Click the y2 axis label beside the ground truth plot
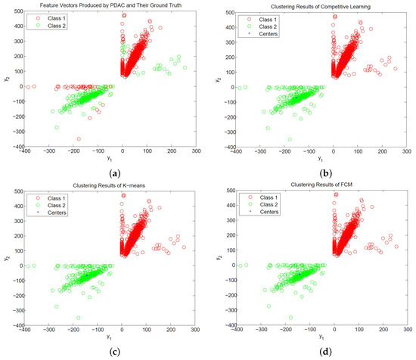coord(5,79)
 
